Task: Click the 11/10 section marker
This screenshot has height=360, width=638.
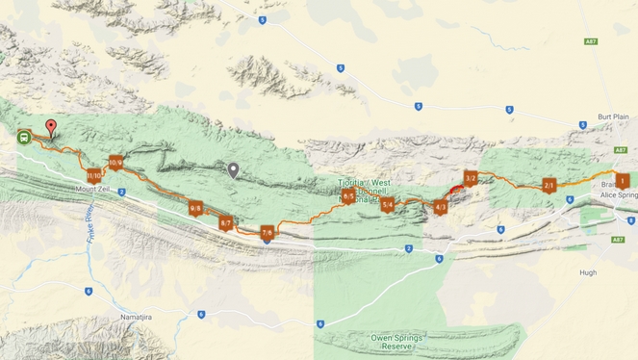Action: (93, 175)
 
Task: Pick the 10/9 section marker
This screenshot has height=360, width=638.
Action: (115, 163)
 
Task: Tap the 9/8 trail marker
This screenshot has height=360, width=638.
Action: (195, 208)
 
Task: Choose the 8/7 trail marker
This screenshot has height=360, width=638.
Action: (226, 222)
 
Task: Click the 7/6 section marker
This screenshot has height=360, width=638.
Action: (268, 232)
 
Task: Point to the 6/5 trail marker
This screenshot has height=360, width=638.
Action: (348, 196)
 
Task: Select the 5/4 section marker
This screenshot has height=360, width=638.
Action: (388, 204)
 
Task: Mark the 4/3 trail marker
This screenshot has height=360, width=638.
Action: (441, 207)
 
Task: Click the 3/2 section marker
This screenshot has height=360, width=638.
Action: (471, 178)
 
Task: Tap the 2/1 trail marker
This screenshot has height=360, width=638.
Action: (549, 185)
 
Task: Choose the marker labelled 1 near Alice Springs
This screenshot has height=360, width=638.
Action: (623, 180)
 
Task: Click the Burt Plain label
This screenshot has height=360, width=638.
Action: (612, 116)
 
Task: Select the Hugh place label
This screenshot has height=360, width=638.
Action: (588, 272)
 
